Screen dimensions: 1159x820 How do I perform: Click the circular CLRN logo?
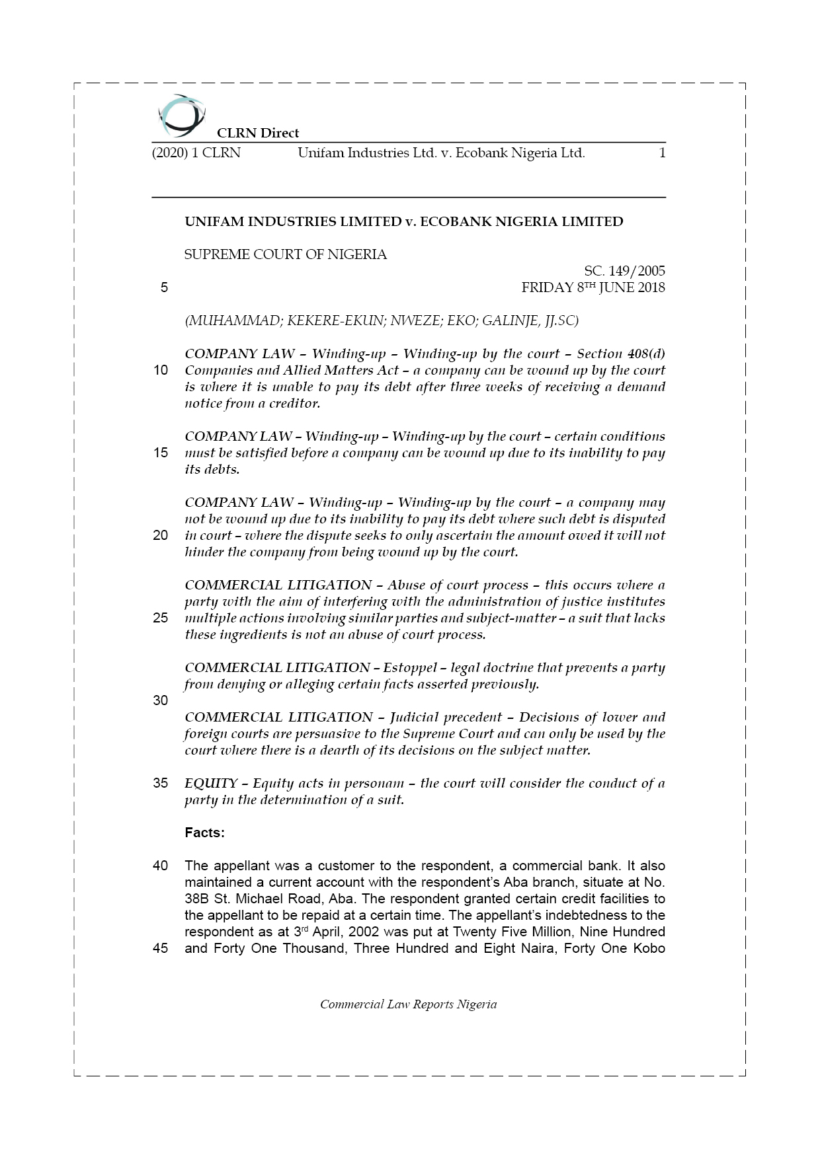click(181, 115)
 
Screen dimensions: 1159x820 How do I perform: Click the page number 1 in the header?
click(662, 153)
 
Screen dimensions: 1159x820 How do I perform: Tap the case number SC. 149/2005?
click(624, 271)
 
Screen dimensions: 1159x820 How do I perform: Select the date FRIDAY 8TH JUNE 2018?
click(593, 287)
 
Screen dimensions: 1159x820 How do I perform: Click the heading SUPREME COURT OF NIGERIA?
click(286, 254)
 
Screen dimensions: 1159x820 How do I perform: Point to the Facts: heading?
click(204, 833)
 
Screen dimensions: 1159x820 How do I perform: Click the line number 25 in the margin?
click(161, 618)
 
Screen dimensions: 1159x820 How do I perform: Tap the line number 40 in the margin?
click(161, 866)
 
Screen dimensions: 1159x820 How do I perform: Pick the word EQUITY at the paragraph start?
click(211, 784)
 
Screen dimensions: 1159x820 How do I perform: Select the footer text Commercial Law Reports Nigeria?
click(408, 1004)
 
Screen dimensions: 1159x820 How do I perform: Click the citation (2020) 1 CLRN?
click(196, 153)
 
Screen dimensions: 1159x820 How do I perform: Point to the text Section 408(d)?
click(621, 354)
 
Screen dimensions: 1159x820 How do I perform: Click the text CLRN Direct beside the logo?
click(258, 133)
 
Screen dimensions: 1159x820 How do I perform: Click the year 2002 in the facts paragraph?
click(363, 932)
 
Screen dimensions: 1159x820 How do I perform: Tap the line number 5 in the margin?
click(164, 287)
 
